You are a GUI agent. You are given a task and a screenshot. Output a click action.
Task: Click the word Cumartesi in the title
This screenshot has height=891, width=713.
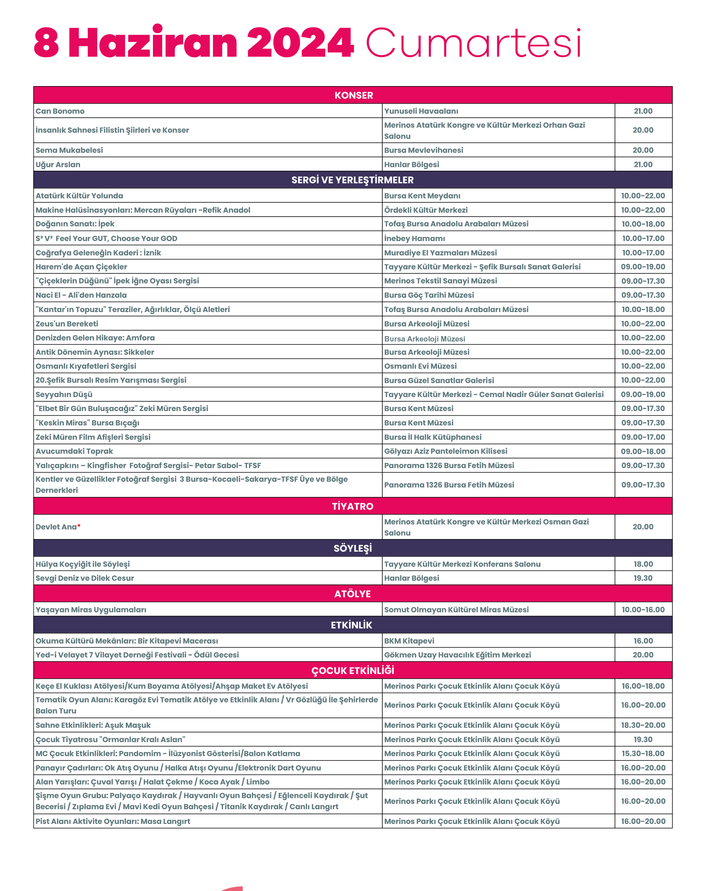pyautogui.click(x=474, y=43)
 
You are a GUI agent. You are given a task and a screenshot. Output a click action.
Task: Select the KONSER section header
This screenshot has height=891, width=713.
pyautogui.click(x=353, y=95)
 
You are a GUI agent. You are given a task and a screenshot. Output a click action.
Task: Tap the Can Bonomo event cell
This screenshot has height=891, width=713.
pyautogui.click(x=60, y=111)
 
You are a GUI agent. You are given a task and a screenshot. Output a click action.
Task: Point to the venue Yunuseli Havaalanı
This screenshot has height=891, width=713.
pyautogui.click(x=421, y=111)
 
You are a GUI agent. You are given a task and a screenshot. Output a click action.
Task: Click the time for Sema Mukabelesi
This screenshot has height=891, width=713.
pyautogui.click(x=643, y=150)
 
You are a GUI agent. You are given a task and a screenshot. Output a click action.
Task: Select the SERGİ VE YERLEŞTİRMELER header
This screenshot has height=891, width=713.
pyautogui.click(x=352, y=180)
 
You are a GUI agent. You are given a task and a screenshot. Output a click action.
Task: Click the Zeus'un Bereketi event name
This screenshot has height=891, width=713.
pyautogui.click(x=67, y=324)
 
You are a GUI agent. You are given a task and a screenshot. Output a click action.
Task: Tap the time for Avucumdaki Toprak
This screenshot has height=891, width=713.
pyautogui.click(x=643, y=451)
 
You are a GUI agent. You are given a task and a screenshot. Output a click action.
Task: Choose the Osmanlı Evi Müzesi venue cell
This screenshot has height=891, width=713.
pyautogui.click(x=420, y=366)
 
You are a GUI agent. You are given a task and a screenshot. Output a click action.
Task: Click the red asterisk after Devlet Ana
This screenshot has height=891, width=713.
pyautogui.click(x=79, y=527)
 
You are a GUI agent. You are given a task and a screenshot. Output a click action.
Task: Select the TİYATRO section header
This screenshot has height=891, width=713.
pyautogui.click(x=352, y=506)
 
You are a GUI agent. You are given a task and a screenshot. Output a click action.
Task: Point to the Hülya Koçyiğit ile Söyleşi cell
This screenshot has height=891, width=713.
pyautogui.click(x=83, y=564)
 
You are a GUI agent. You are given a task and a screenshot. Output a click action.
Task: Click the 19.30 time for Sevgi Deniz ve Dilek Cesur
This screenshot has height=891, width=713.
pyautogui.click(x=643, y=578)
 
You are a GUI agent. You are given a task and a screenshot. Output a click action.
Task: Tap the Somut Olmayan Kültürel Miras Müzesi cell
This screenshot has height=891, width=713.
pyautogui.click(x=456, y=609)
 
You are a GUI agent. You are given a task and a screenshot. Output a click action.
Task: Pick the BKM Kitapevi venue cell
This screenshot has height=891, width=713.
pyautogui.click(x=409, y=641)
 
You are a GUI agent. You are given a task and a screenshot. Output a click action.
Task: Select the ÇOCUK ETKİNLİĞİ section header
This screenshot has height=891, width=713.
pyautogui.click(x=352, y=670)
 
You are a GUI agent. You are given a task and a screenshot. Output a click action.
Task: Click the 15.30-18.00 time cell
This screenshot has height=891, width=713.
pyautogui.click(x=643, y=753)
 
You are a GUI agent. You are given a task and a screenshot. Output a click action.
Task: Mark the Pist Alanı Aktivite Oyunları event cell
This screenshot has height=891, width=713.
pyautogui.click(x=113, y=821)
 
